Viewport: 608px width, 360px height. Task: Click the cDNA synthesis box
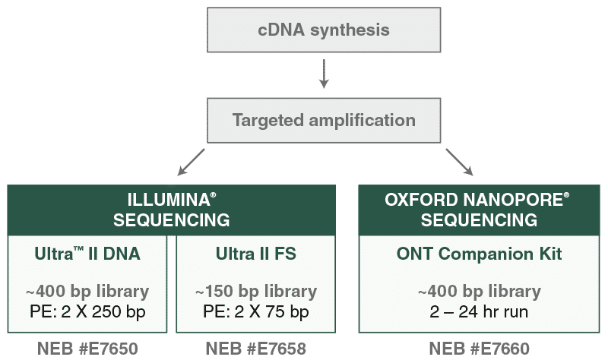(x=323, y=31)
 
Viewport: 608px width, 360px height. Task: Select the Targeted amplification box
(x=323, y=121)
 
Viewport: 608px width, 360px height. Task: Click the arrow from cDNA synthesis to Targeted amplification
(x=323, y=74)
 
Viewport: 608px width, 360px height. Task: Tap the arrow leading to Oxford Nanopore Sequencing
(x=460, y=163)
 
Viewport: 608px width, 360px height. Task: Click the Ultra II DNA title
(x=87, y=254)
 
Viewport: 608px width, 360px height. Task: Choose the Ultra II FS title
(x=255, y=254)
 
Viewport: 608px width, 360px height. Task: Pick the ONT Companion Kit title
(x=479, y=254)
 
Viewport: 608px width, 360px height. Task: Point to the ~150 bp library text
(x=255, y=292)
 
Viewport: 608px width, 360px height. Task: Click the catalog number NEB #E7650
(x=87, y=349)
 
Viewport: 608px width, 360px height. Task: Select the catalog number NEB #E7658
(x=255, y=349)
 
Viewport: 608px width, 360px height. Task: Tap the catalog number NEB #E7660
(x=479, y=349)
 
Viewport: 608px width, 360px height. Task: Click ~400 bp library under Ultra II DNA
(x=87, y=292)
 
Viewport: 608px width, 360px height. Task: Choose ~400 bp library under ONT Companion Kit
(x=479, y=292)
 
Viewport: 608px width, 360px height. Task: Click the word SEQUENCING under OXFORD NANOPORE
(x=479, y=220)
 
